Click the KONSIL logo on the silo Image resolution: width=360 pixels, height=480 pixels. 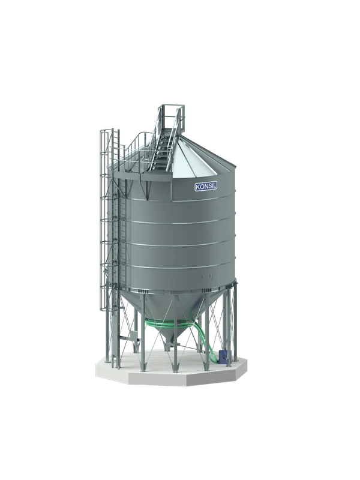coord(206,187)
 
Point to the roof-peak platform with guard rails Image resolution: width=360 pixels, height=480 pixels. coord(172,118)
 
